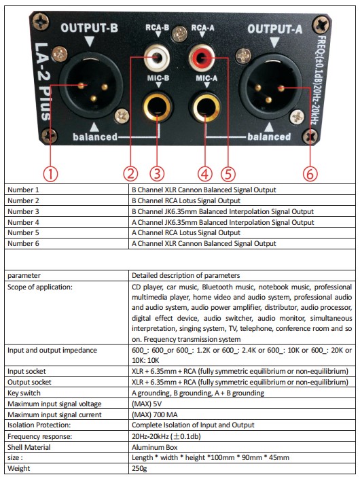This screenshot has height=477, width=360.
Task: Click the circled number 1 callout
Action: coord(50,174)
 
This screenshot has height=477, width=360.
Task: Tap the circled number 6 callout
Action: coord(310,174)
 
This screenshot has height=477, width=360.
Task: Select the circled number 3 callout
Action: coord(157,174)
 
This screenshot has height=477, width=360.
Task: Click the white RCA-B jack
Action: coord(157,57)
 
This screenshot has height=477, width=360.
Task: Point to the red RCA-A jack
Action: coord(201,57)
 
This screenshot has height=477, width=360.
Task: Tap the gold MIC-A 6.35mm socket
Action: coord(204,107)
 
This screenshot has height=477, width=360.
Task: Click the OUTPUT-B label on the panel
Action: coord(89,28)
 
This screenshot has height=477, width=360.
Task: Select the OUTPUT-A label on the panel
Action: coord(275,29)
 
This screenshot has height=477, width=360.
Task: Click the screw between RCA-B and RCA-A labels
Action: coord(180,34)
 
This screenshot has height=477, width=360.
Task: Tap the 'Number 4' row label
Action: coord(23,222)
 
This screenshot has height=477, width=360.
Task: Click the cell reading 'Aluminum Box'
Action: coord(154,447)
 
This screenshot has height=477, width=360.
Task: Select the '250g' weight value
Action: coord(139,468)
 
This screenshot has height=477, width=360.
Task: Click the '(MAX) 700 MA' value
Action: coord(154,414)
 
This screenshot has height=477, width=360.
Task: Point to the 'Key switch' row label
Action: coord(24,393)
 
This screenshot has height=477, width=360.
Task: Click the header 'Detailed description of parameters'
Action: coord(186,276)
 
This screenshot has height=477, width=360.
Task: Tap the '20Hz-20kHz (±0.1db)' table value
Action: coord(166,436)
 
